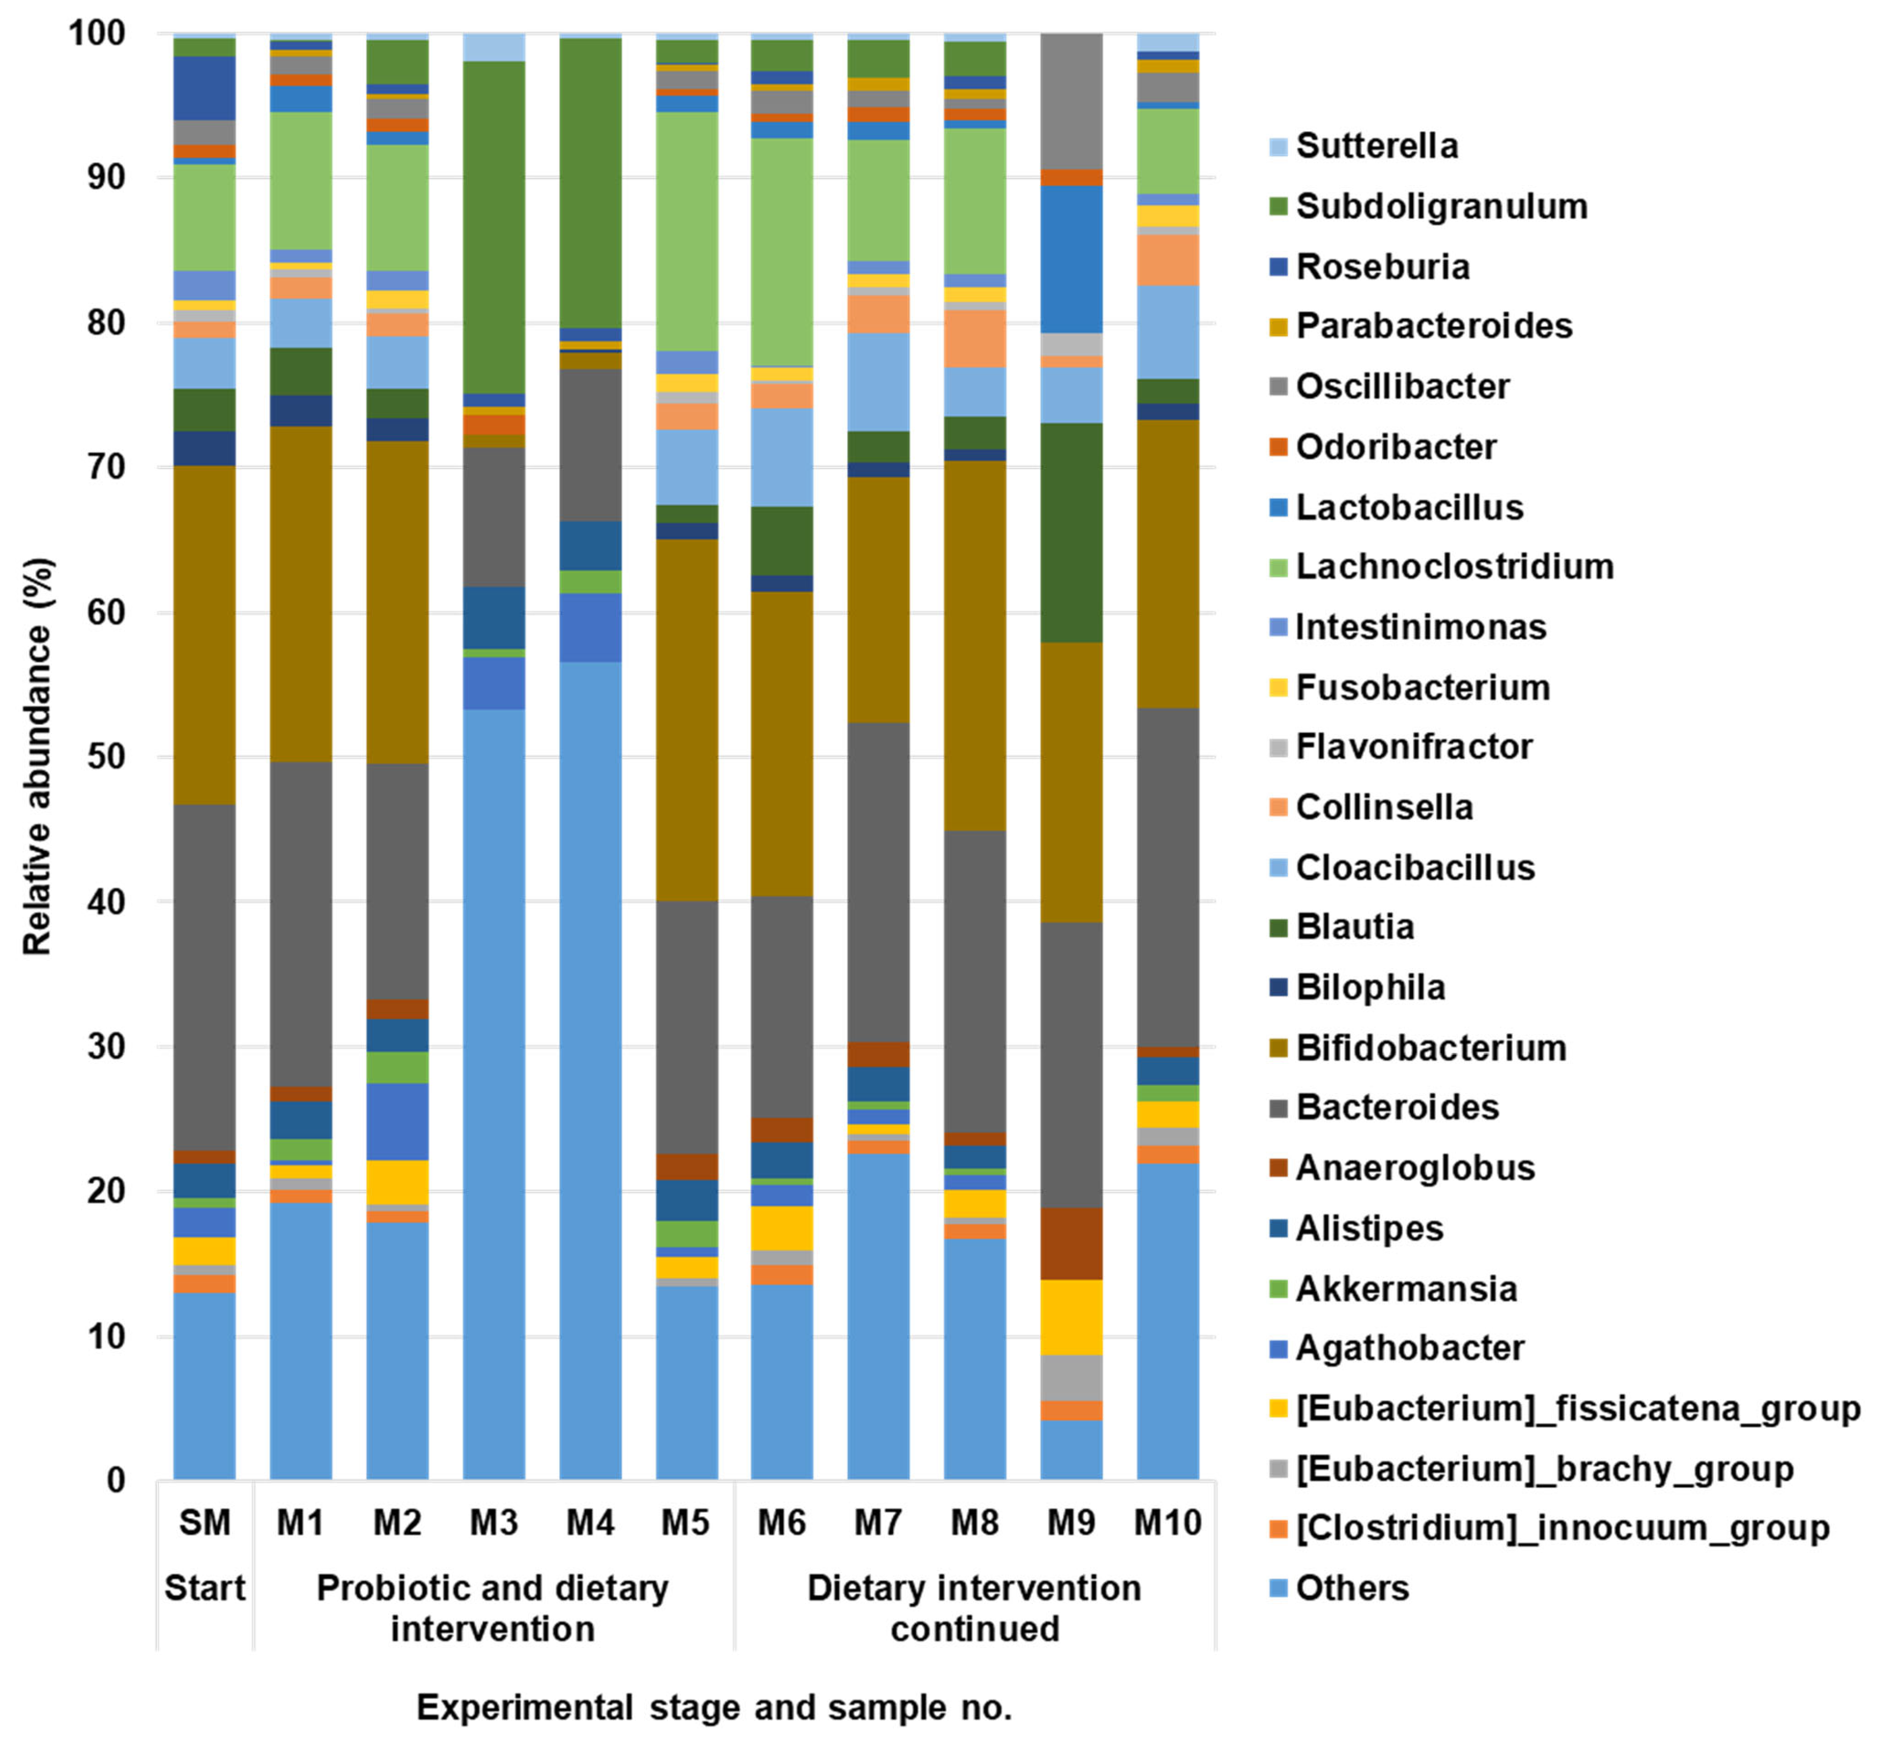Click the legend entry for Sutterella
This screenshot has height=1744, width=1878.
click(x=1376, y=146)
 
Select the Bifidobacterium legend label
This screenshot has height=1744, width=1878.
click(x=1430, y=1047)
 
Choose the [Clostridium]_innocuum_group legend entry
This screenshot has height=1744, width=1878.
click(x=1562, y=1528)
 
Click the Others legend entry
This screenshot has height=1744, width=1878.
click(x=1351, y=1588)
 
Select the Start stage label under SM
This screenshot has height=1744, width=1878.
click(x=204, y=1588)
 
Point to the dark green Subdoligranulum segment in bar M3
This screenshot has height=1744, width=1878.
click(x=494, y=226)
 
